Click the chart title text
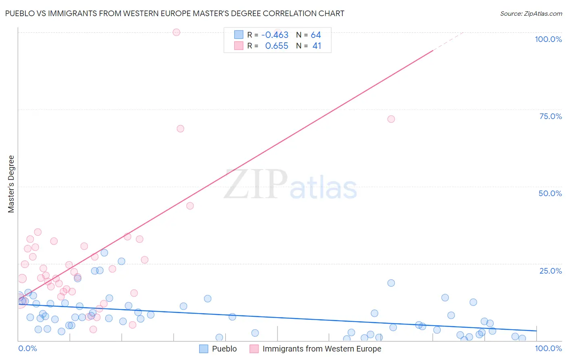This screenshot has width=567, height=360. (175, 13)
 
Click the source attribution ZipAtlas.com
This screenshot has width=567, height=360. (531, 13)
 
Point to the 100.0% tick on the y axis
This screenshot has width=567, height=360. (548, 39)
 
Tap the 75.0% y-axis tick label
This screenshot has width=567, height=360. (550, 116)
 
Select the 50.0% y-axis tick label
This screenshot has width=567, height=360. (550, 193)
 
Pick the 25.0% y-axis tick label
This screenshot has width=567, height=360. (550, 271)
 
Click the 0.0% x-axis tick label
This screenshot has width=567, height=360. (27, 348)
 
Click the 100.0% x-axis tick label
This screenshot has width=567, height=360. (548, 348)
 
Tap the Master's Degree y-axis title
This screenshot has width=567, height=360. (11, 184)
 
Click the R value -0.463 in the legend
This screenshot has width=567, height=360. (275, 35)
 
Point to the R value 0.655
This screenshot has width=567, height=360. (277, 46)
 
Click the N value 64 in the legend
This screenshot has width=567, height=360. (316, 35)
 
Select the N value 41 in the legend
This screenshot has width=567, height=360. (317, 46)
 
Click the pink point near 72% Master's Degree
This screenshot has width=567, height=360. (391, 119)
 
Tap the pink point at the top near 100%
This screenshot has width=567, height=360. (176, 32)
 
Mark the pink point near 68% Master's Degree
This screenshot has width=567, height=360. (180, 129)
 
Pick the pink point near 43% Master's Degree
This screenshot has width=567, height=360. (190, 206)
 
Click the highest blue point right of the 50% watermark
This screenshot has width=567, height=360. (391, 283)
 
